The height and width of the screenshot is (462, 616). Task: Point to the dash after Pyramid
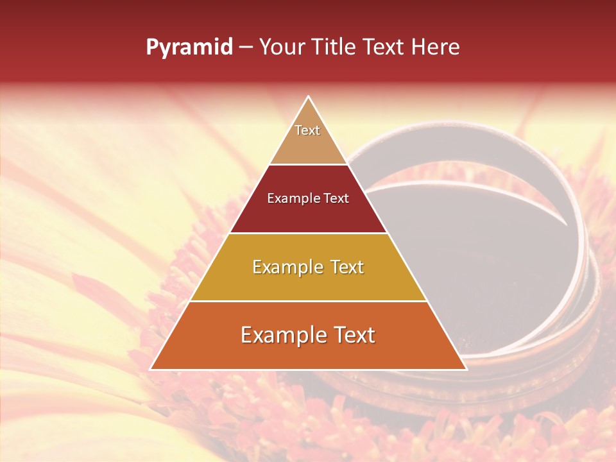[x=246, y=47]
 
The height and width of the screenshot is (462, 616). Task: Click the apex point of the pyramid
[x=309, y=97]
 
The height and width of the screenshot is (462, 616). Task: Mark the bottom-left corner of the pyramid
[x=151, y=369]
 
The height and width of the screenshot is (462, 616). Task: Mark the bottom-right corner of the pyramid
[x=466, y=369]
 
